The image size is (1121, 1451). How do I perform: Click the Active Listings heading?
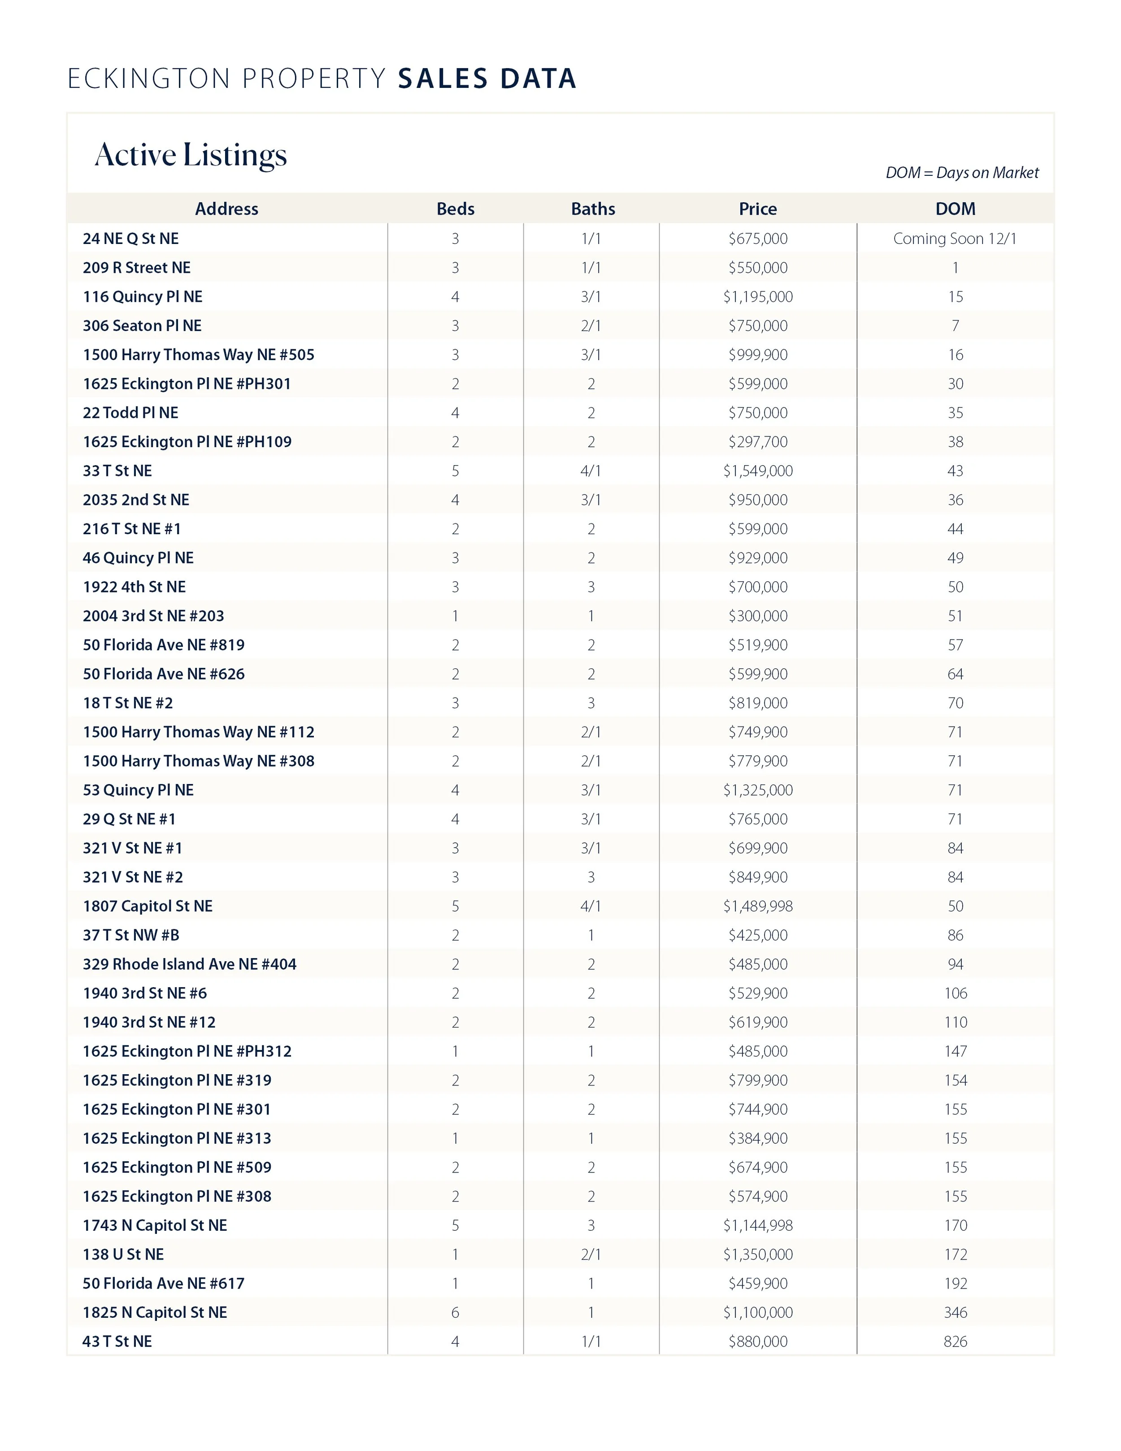click(191, 156)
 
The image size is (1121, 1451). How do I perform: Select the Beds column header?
click(456, 209)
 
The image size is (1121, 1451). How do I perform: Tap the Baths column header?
click(593, 209)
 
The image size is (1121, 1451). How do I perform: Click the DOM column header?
click(955, 209)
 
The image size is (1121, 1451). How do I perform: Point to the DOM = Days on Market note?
click(962, 173)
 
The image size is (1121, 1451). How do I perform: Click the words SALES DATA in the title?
click(487, 78)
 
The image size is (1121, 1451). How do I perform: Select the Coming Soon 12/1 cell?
click(955, 239)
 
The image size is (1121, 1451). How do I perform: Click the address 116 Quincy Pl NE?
click(143, 296)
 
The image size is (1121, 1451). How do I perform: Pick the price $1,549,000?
click(758, 471)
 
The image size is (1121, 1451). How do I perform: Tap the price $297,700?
click(758, 442)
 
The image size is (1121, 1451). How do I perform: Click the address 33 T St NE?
click(117, 471)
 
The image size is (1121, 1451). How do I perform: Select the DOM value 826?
click(955, 1342)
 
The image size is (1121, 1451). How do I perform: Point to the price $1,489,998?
click(758, 906)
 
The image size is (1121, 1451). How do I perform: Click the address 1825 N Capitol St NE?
click(155, 1312)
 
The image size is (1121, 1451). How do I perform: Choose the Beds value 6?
click(456, 1312)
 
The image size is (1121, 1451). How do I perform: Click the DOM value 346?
click(955, 1312)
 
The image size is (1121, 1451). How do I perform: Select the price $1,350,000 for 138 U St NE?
click(758, 1255)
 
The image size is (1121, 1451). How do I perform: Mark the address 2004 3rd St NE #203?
click(153, 616)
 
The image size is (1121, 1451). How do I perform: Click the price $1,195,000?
click(758, 296)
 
